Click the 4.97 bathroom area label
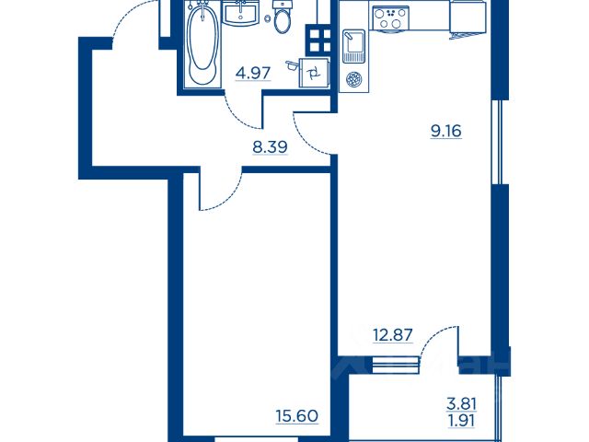coord(253,73)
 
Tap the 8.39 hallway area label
coord(270,147)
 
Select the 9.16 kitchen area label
coord(445,131)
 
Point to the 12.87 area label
coord(393,334)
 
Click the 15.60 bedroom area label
coord(296,416)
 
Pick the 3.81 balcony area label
coord(462,404)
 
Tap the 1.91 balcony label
coord(462,420)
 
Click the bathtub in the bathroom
coord(202,44)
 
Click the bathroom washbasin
coord(240,12)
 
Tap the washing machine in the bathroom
coord(314,73)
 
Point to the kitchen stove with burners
coord(390,18)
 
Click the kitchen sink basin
coord(353,46)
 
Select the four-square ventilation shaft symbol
coord(318,39)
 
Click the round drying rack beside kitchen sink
coord(353,79)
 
